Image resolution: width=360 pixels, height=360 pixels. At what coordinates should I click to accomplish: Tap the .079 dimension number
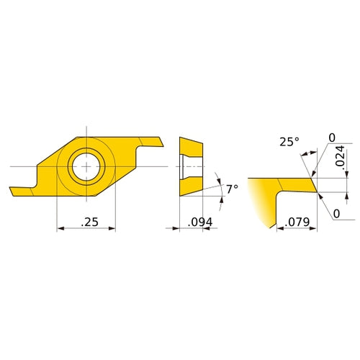[294, 222]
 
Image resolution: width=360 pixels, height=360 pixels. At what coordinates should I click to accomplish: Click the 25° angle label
[289, 142]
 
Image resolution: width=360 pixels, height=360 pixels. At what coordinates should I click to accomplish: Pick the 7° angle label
[231, 189]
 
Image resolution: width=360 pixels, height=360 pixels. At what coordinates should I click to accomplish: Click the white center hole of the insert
[86, 166]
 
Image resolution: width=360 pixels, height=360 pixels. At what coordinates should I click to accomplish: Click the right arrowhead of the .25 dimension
[112, 228]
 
